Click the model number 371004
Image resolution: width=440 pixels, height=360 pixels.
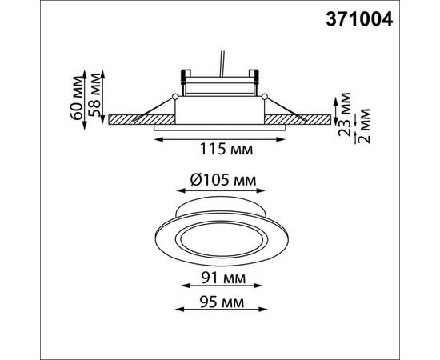coord(359,20)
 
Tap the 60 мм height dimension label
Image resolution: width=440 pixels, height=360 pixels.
coord(77,98)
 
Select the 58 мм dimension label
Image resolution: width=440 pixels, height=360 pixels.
coord(94,94)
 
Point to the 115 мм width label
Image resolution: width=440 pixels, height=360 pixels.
coord(226,149)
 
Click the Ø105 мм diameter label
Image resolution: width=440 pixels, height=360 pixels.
coord(223,180)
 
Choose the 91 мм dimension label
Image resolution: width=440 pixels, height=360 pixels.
coord(223,278)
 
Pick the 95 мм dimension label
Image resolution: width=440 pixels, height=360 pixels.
coord(222,302)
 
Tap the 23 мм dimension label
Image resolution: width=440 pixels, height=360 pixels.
coord(345,114)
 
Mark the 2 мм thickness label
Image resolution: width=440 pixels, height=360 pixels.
coord(364,126)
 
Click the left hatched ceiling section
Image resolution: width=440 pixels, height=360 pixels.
coord(142,119)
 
